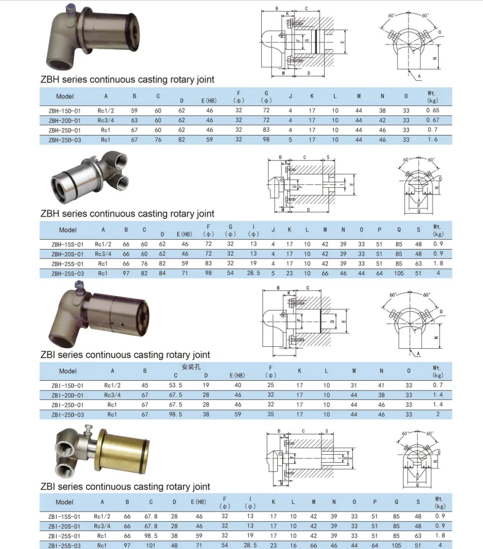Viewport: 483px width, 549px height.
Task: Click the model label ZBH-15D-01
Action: click(x=64, y=110)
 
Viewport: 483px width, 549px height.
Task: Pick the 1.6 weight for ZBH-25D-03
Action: click(x=432, y=140)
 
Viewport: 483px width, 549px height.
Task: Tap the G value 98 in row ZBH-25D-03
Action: click(x=266, y=140)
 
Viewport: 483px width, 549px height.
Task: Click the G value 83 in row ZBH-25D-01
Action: click(x=266, y=130)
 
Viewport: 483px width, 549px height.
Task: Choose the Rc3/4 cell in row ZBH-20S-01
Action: click(x=102, y=253)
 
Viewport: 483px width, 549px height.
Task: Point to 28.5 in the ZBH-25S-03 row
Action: click(x=252, y=273)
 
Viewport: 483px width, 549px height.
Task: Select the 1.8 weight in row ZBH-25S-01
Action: click(x=438, y=263)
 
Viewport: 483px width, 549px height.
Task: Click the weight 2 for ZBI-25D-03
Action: click(x=437, y=415)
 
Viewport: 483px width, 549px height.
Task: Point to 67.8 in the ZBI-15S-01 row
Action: click(x=151, y=516)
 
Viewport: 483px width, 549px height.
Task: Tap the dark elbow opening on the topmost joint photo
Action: click(x=62, y=60)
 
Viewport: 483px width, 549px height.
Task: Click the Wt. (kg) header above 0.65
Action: click(x=431, y=96)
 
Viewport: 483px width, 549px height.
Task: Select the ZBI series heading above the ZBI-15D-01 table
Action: click(x=125, y=355)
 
